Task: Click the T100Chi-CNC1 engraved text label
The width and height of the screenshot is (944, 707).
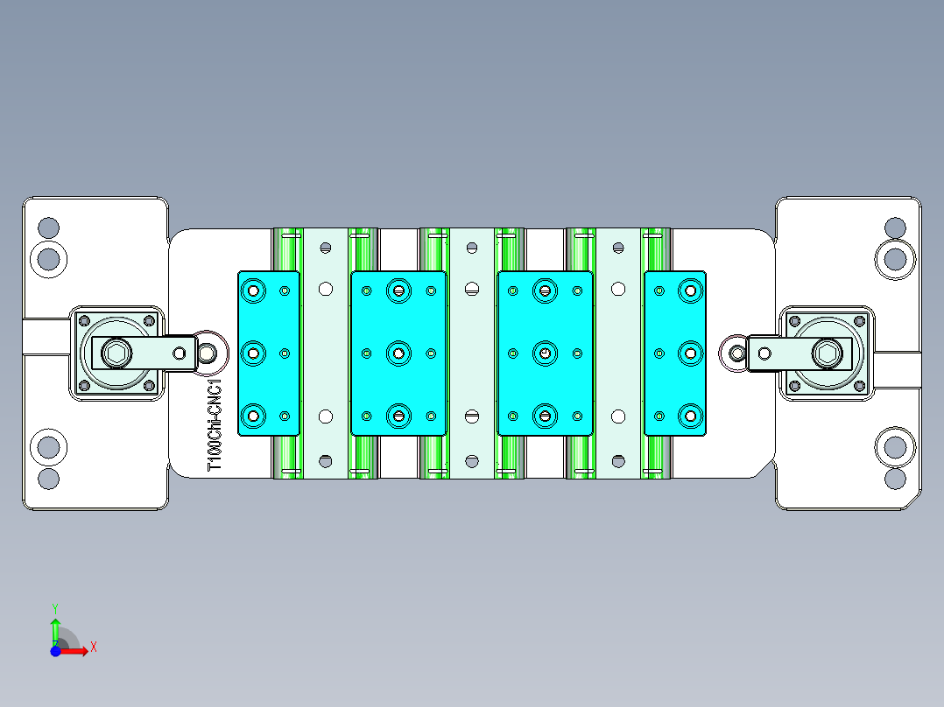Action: pyautogui.click(x=215, y=425)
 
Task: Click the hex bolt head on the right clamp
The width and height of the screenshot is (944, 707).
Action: pyautogui.click(x=828, y=353)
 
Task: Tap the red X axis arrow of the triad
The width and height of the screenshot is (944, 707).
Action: pyautogui.click(x=80, y=650)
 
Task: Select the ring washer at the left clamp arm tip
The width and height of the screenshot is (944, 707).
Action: pyautogui.click(x=208, y=353)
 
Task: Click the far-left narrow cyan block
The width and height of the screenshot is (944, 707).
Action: pyautogui.click(x=269, y=353)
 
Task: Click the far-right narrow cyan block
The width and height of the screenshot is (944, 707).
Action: pyautogui.click(x=675, y=353)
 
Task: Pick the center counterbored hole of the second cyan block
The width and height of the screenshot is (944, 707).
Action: pyautogui.click(x=399, y=353)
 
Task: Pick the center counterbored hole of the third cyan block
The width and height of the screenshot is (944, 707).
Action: pyautogui.click(x=546, y=353)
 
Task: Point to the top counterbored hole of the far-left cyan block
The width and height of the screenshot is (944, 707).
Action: pyautogui.click(x=255, y=289)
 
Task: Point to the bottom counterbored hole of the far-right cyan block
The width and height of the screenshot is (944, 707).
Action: pyautogui.click(x=690, y=416)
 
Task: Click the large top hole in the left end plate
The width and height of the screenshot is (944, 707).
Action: pyautogui.click(x=48, y=258)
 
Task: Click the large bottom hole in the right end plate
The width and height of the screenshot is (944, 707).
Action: pyautogui.click(x=895, y=447)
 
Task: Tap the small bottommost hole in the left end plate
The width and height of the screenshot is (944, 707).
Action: pyautogui.click(x=48, y=479)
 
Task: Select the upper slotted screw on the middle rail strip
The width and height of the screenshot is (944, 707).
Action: pyautogui.click(x=472, y=289)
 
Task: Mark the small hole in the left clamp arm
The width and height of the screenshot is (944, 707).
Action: pyautogui.click(x=180, y=353)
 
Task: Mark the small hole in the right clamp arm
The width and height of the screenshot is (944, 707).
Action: pyautogui.click(x=764, y=353)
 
